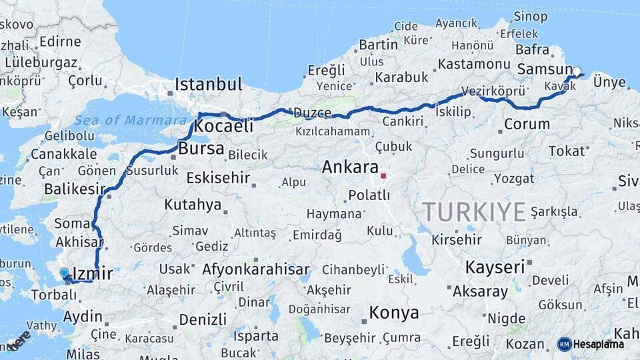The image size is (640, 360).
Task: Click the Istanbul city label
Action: [x=208, y=85]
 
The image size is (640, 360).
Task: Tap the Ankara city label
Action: [x=350, y=167]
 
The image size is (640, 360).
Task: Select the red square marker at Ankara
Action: [x=383, y=177]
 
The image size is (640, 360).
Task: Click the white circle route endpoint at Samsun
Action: [x=577, y=71]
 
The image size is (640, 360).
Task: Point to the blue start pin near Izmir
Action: [x=64, y=273]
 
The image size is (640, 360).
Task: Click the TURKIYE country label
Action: [x=474, y=212]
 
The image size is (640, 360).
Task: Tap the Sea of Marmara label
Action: [x=130, y=121]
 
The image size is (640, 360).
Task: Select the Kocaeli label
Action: [x=225, y=126]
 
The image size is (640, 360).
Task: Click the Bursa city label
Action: [x=201, y=149]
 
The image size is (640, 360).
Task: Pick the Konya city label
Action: [x=394, y=312]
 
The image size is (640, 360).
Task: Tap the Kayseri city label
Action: [x=495, y=267]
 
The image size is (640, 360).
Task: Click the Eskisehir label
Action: [x=218, y=178]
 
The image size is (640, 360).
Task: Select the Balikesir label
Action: [x=75, y=189]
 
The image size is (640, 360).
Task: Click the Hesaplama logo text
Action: [x=599, y=344]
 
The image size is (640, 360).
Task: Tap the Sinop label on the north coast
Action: [x=531, y=16]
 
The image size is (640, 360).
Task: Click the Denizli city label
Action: [x=203, y=320]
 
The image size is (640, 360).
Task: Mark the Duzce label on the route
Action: [x=313, y=113]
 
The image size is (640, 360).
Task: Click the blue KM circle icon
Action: [x=564, y=344]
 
